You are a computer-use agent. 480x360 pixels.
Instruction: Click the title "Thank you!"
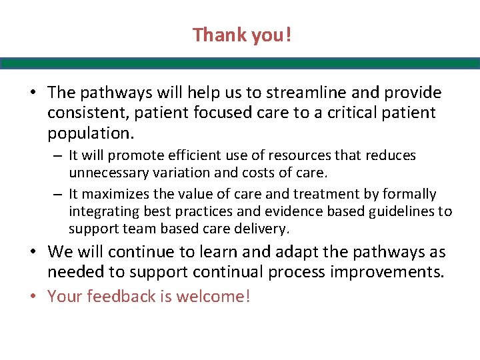pos(242,35)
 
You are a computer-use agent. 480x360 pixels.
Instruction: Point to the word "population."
pos(91,133)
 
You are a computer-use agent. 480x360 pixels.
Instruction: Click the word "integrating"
pos(103,211)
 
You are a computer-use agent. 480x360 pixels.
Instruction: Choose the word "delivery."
pos(255,229)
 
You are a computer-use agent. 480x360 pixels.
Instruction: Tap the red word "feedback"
pos(118,297)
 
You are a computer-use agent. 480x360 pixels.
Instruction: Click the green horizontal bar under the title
pos(240,63)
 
